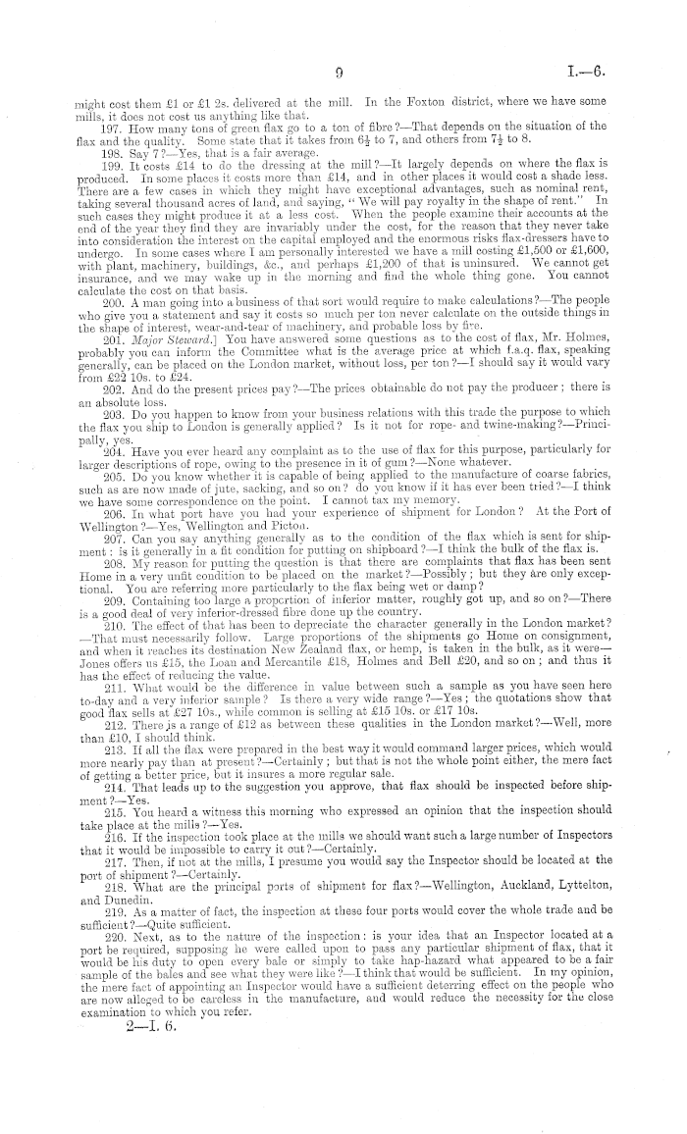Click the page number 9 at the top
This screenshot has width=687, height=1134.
point(336,72)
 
